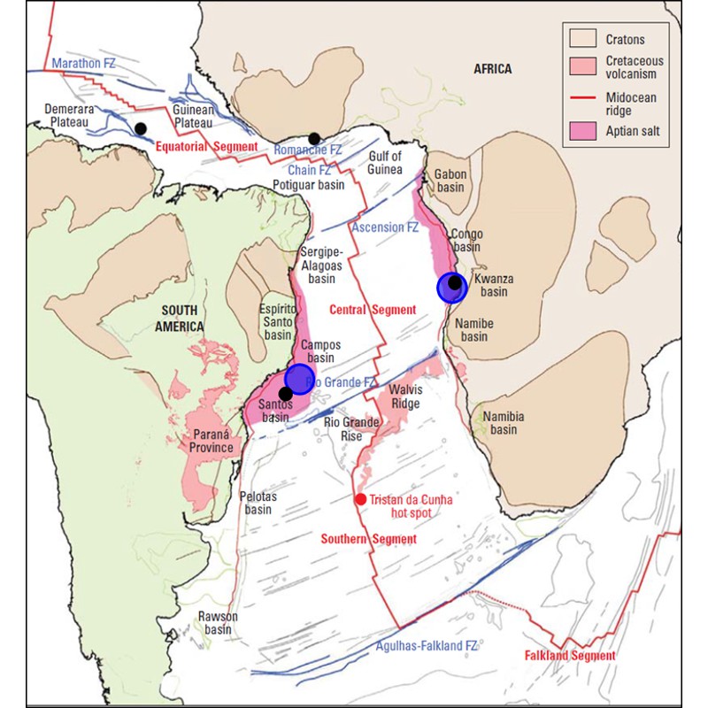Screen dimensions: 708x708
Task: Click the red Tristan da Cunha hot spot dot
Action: tap(360, 499)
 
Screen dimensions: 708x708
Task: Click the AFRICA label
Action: tap(492, 69)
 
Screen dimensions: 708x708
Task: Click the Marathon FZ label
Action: tap(83, 64)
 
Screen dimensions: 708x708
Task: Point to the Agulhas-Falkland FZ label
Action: tap(426, 646)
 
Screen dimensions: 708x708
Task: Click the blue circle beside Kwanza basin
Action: tap(452, 288)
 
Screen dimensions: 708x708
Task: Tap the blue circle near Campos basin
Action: tap(299, 379)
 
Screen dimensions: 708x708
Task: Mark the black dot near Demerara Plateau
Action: tap(140, 128)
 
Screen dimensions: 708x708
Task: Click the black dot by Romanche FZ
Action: tap(314, 138)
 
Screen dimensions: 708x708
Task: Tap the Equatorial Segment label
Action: tap(207, 146)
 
